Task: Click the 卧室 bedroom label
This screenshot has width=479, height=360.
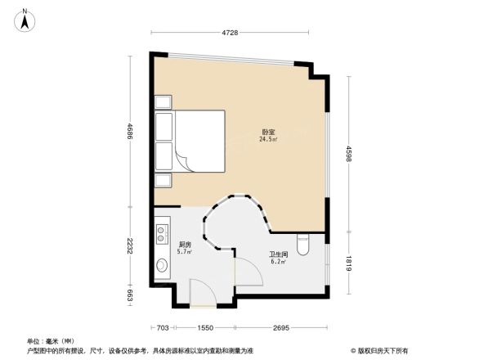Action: tap(268, 132)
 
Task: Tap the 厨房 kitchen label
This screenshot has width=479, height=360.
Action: tap(185, 245)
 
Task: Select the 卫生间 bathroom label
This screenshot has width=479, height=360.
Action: tap(279, 254)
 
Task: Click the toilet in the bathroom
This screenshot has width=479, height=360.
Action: tap(304, 244)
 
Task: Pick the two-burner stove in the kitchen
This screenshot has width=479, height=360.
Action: tap(161, 232)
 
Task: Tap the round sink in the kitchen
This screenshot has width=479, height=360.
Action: tap(161, 268)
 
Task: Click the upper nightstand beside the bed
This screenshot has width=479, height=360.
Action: tap(163, 102)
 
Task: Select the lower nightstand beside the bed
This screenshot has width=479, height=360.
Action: tap(163, 180)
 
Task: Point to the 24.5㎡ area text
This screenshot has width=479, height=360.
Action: tap(268, 140)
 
